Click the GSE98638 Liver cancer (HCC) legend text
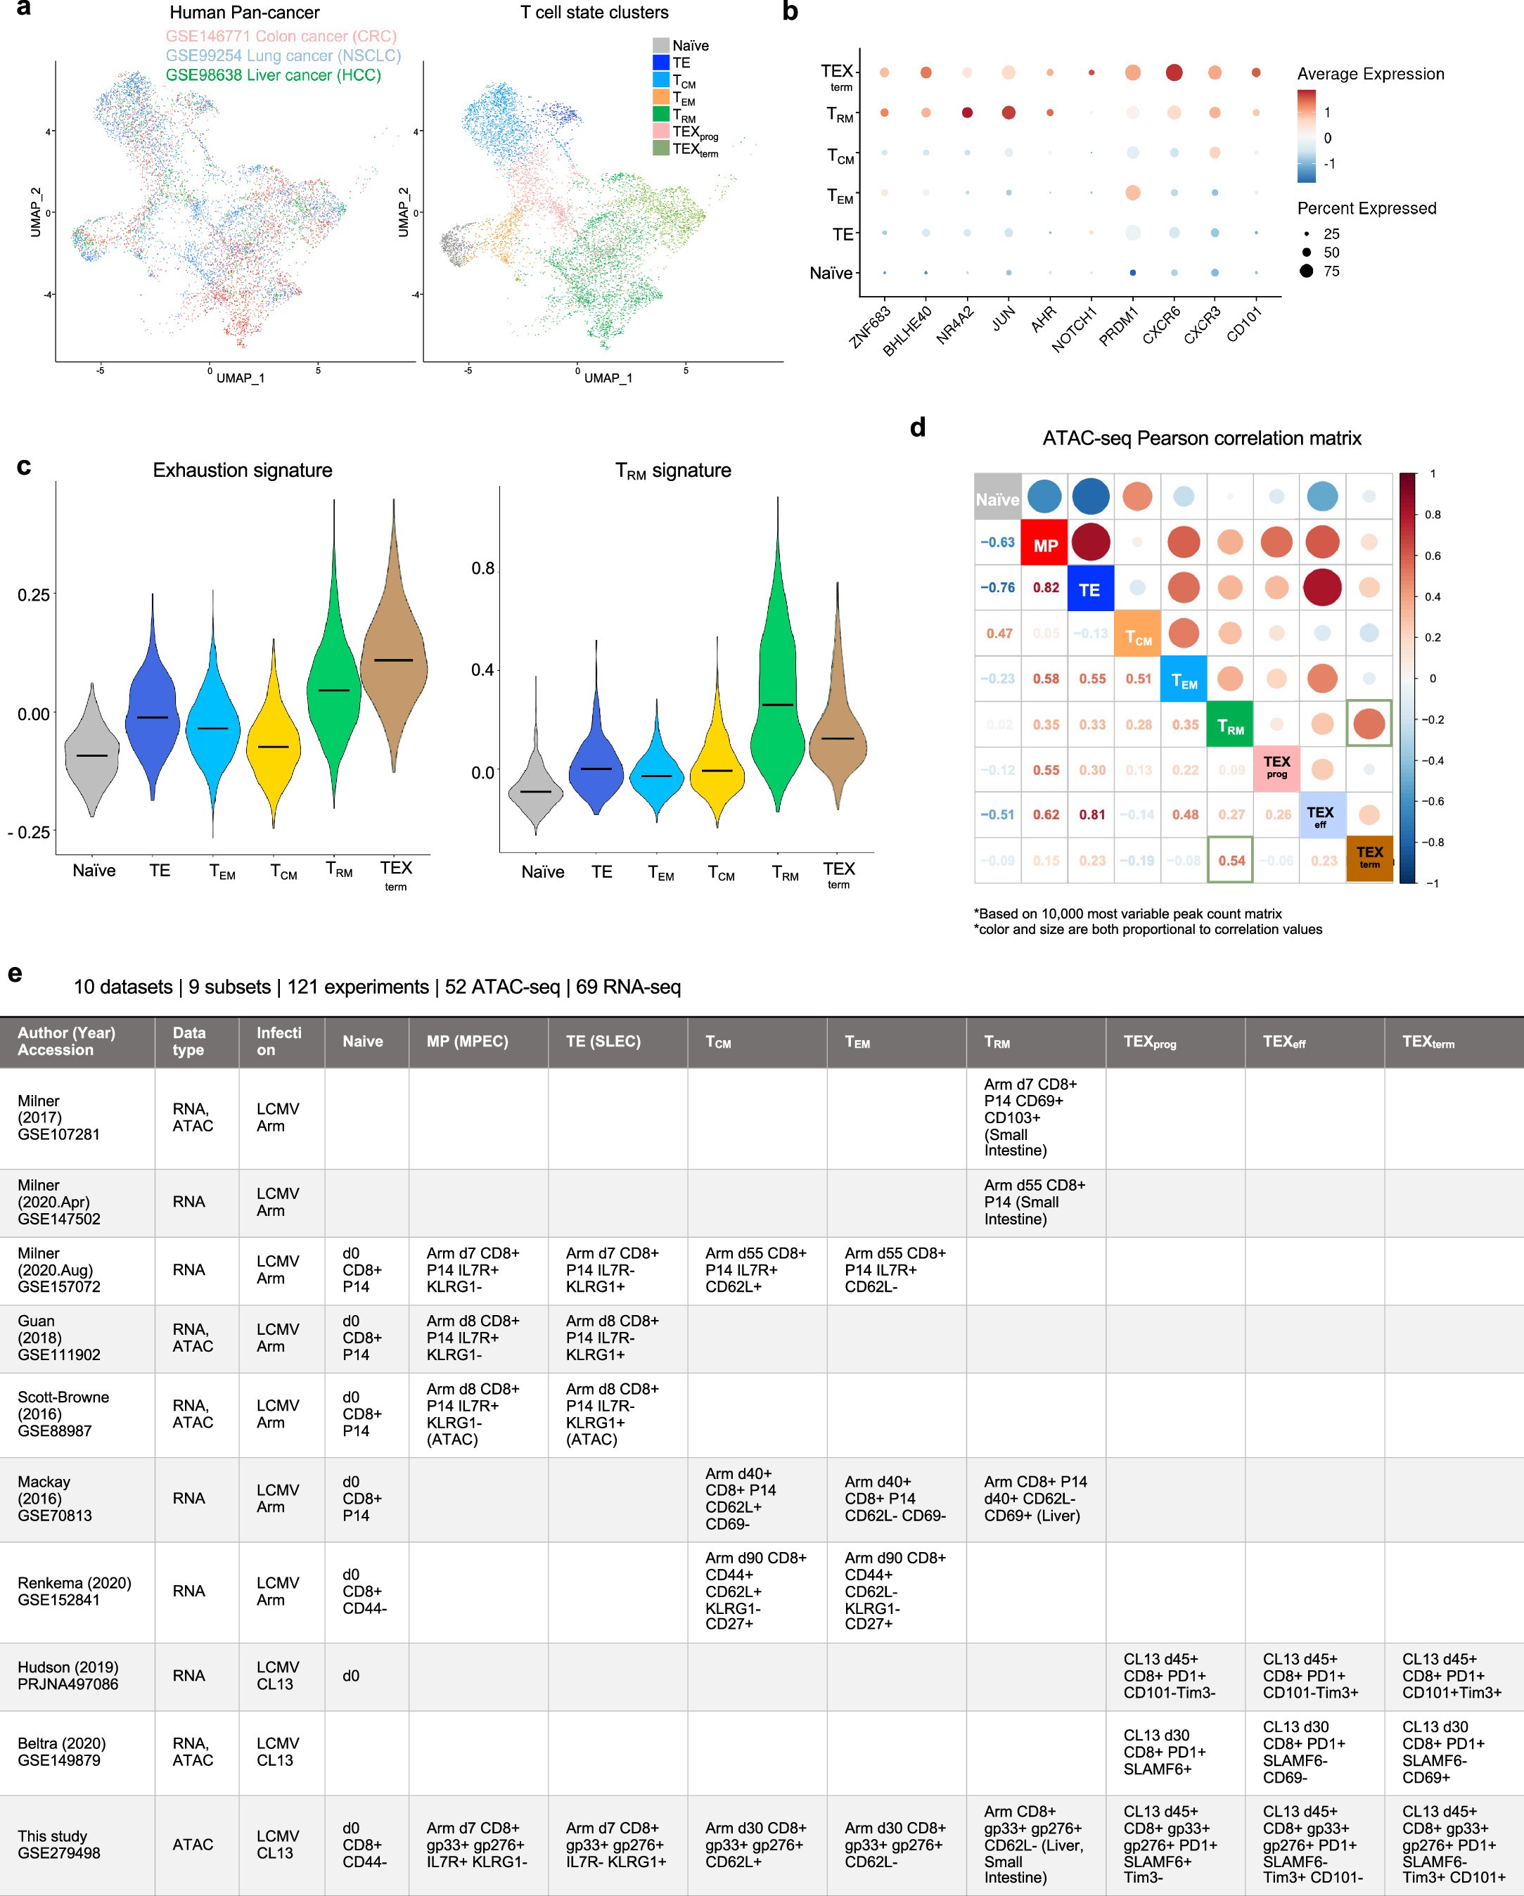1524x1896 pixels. coord(273,75)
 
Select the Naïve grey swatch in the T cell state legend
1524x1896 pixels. coord(660,45)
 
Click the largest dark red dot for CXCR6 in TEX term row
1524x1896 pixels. coord(1173,72)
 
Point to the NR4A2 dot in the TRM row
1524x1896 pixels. coord(967,113)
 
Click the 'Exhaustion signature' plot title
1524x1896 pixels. coord(242,470)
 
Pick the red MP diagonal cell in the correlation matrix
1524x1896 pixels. coord(1045,544)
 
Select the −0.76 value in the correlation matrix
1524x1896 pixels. coord(997,587)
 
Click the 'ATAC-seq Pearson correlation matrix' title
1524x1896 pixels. coord(1201,438)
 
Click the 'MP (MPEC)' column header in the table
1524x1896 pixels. coord(467,1042)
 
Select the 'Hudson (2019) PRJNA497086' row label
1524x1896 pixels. coord(68,1675)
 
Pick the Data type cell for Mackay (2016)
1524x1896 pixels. coord(188,1498)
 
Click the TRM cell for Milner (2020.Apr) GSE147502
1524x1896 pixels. coord(1035,1201)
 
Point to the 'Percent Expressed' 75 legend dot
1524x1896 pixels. coord(1307,271)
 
